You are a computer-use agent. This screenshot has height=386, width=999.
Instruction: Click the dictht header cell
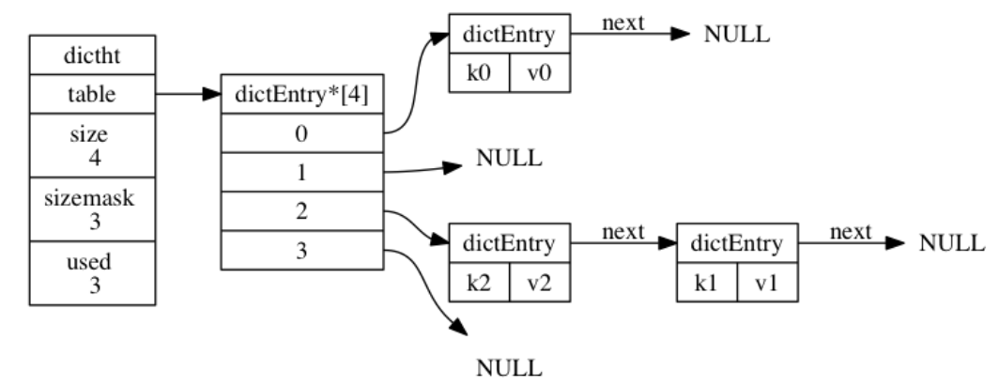pos(93,56)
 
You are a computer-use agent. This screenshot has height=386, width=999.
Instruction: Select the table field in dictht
pos(93,94)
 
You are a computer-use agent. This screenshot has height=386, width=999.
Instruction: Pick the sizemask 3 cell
pos(93,208)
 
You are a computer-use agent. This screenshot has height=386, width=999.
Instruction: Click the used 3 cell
pos(93,273)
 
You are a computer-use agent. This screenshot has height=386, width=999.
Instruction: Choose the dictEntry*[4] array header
pos(301,94)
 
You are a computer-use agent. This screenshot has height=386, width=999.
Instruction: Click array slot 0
pos(301,133)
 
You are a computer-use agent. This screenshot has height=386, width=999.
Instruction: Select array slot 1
pos(301,173)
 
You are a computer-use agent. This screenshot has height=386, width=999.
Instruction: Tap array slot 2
pos(301,212)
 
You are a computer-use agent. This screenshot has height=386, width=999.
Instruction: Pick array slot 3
pos(301,251)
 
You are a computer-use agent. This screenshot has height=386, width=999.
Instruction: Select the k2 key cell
pos(479,283)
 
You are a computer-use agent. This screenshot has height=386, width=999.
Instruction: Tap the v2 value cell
pos(540,283)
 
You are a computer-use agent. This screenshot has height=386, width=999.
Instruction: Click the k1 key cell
pos(706,283)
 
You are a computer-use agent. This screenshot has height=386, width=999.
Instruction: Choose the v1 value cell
pos(767,283)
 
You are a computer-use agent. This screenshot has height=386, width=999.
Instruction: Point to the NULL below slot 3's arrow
pos(509,366)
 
